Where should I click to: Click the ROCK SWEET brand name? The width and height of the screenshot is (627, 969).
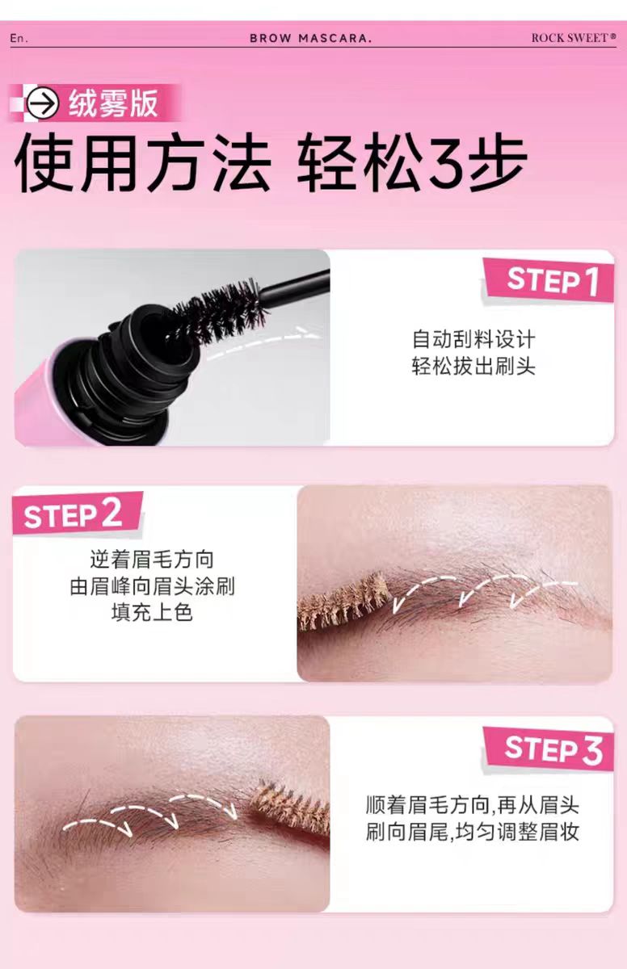(573, 38)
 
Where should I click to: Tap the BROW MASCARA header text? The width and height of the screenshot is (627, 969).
(310, 38)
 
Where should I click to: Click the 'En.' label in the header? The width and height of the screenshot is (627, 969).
(18, 38)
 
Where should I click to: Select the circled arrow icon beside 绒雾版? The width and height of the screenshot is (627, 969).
(42, 104)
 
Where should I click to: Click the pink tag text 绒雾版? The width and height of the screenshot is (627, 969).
(112, 104)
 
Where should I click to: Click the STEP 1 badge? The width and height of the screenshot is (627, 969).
(552, 282)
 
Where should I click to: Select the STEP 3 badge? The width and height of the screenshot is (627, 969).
(553, 749)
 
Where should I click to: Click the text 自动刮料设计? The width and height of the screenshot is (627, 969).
(473, 339)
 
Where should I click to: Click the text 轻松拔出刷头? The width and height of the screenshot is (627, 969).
(473, 367)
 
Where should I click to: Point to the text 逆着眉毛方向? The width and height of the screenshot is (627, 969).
(152, 559)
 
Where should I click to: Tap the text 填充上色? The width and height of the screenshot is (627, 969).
(152, 612)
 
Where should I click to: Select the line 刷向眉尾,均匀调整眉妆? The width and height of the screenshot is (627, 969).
(472, 833)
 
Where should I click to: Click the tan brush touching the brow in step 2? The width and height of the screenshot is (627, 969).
(343, 602)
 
